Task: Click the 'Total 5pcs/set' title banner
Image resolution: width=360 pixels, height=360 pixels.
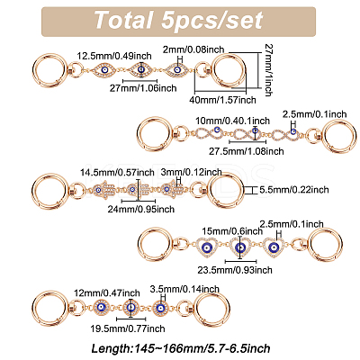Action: coord(178,22)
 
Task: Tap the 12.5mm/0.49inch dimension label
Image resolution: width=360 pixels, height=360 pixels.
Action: coord(114,56)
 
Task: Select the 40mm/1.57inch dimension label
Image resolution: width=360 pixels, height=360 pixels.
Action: coord(222,100)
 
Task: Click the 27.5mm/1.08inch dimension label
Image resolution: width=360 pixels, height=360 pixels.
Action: coord(247,151)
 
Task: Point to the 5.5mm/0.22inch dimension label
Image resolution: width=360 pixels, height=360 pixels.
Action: coord(293,190)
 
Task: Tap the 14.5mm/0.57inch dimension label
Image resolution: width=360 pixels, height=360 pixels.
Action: coord(117,173)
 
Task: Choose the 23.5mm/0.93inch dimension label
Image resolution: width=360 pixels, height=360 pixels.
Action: coord(235,270)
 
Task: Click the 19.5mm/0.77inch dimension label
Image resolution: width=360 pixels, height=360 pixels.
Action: coord(128,328)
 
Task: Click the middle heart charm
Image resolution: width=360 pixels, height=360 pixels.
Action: coord(239,247)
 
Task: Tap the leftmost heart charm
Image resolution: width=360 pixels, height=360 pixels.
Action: coord(207,247)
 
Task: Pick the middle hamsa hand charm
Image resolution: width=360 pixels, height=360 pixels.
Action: coord(138,190)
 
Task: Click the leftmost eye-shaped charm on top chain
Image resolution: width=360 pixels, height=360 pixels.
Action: coord(104,70)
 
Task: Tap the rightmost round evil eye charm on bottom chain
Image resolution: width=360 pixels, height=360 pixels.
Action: coord(161,308)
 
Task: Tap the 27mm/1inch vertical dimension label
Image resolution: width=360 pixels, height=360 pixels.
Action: coord(268,69)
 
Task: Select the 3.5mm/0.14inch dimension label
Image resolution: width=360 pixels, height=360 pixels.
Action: coord(184,289)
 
